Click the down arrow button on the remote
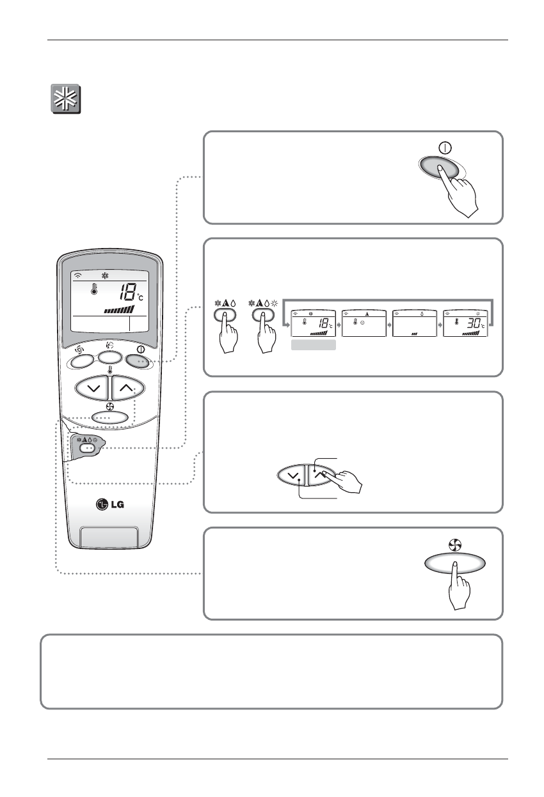pyautogui.click(x=92, y=388)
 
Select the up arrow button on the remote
pyautogui.click(x=125, y=388)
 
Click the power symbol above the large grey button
pyautogui.click(x=445, y=146)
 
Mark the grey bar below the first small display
pyautogui.click(x=314, y=346)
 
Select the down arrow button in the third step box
pyautogui.click(x=294, y=477)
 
